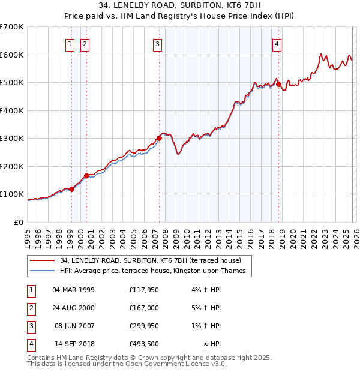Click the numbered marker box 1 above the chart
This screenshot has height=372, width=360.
pyautogui.click(x=70, y=43)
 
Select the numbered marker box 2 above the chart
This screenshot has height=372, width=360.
pyautogui.click(x=85, y=43)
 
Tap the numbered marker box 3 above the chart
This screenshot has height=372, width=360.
pyautogui.click(x=157, y=43)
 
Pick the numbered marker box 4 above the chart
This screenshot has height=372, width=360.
pyautogui.click(x=277, y=43)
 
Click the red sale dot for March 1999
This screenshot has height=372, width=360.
pyautogui.click(x=71, y=189)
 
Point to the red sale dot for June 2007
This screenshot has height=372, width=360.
pyautogui.click(x=159, y=138)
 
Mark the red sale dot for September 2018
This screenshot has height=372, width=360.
pyautogui.click(x=278, y=84)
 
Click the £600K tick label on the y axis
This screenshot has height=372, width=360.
pyautogui.click(x=12, y=55)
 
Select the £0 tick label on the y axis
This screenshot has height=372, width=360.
pyautogui.click(x=18, y=222)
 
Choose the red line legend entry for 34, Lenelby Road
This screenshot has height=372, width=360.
pyautogui.click(x=150, y=260)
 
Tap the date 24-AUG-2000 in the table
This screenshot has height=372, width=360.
pyautogui.click(x=73, y=308)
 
